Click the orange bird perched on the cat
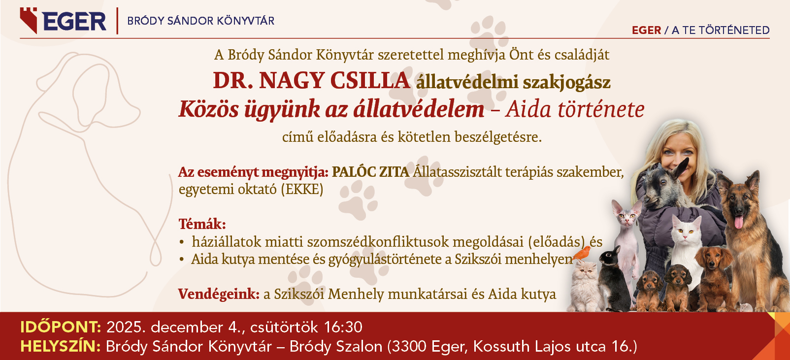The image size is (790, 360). point(583,254)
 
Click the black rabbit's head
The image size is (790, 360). point(610,257)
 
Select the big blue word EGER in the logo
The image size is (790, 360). point(74,21)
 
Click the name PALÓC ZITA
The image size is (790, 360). point(370,172)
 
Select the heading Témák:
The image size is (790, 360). point(202,224)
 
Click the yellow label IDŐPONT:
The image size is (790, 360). point(61,327)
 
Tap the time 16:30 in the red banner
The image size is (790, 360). point(343,327)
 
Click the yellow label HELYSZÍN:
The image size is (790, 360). point(61,346)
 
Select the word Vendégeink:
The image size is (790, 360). point(219,294)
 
